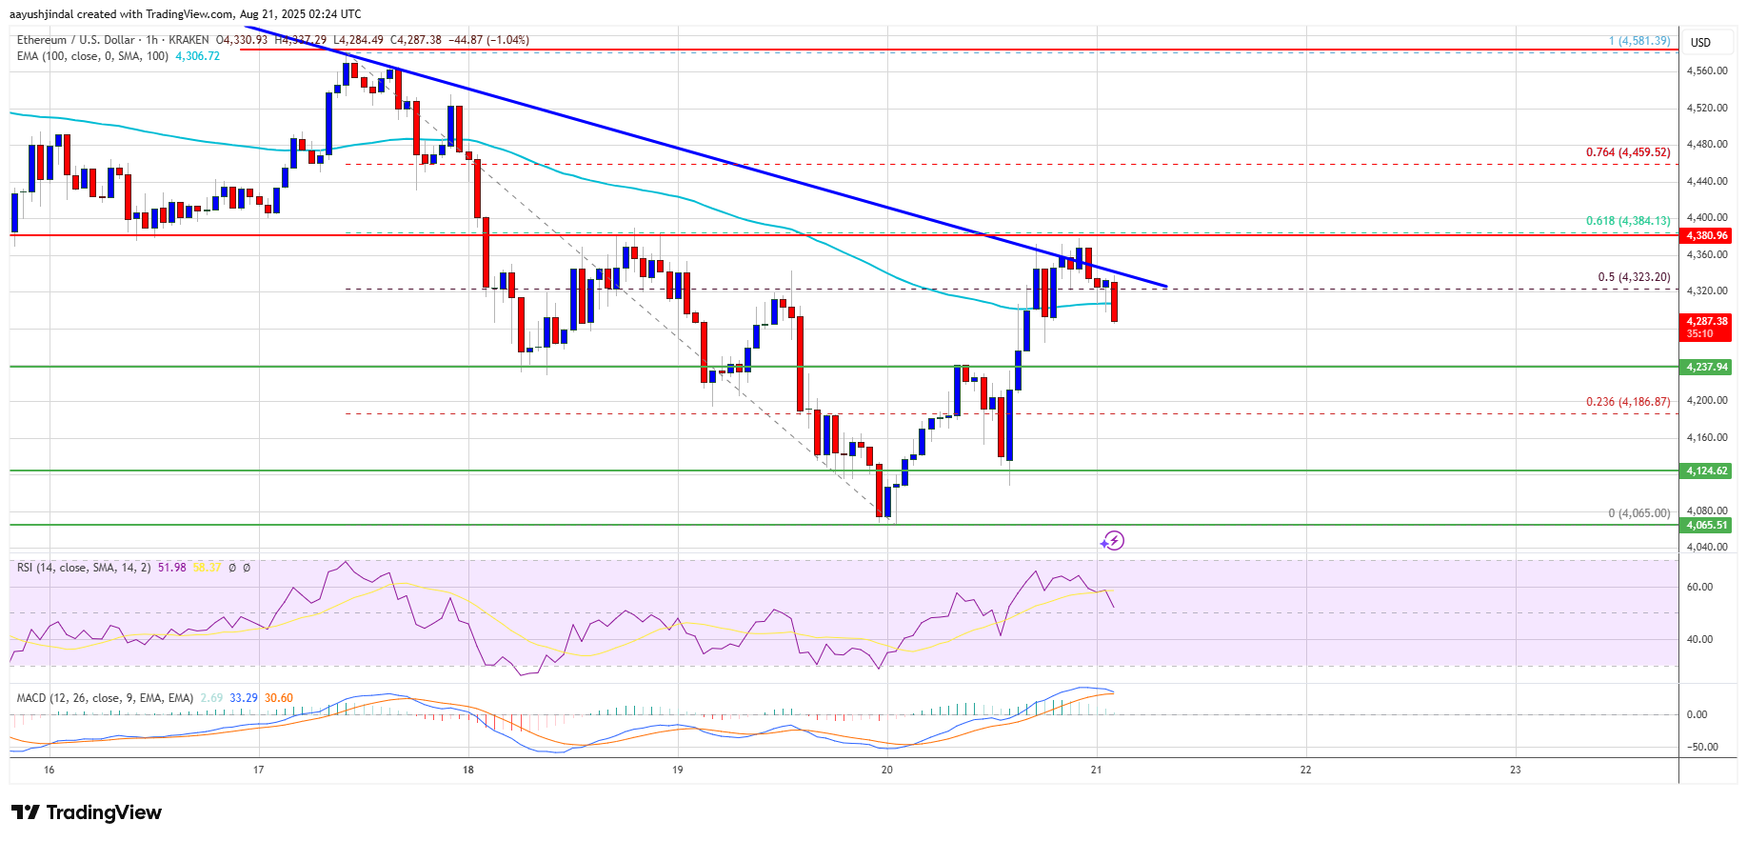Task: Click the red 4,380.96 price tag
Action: tap(1707, 235)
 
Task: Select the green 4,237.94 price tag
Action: tap(1707, 367)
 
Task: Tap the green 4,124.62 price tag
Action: tap(1707, 471)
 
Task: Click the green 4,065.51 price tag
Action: tap(1707, 525)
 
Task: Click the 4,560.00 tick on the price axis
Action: tap(1706, 71)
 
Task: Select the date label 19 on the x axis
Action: tap(677, 770)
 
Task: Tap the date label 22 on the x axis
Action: tap(1305, 770)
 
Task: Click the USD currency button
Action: tap(1700, 42)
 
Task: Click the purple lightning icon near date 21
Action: tap(1112, 541)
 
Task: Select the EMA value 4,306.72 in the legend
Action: tap(197, 56)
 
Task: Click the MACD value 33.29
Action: tap(244, 698)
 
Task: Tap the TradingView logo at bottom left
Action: tap(87, 812)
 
